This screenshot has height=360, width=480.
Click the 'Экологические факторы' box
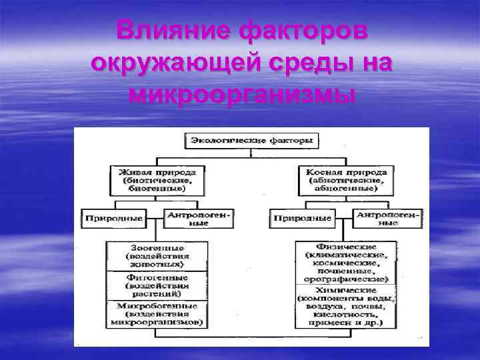(x=251, y=141)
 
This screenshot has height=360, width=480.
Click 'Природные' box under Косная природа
(x=301, y=218)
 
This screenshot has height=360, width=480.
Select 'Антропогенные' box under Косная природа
(x=387, y=218)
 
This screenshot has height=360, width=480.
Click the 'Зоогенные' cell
(x=157, y=256)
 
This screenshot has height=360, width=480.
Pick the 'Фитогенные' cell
(x=157, y=285)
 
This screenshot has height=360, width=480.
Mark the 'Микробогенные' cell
(x=157, y=313)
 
